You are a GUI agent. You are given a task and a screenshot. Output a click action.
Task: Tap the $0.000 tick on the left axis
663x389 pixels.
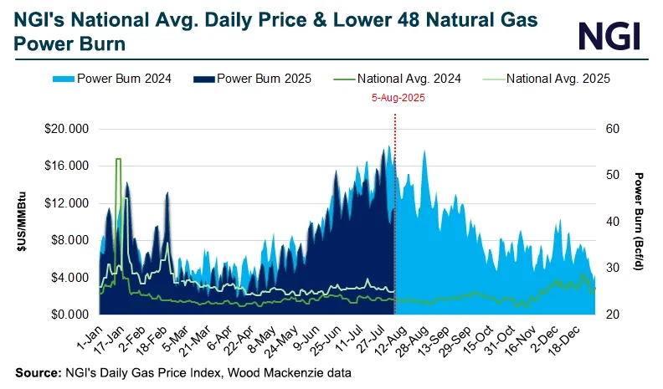(72, 315)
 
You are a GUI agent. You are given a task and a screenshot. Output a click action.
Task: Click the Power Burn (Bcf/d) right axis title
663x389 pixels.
(638, 222)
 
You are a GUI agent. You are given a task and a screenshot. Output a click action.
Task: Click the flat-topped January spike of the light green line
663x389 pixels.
(118, 159)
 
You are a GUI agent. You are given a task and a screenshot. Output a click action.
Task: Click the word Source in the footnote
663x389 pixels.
(35, 371)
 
